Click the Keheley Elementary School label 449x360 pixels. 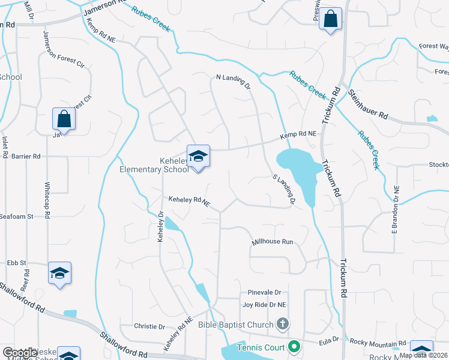click(155, 166)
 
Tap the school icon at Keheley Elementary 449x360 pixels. click(198, 157)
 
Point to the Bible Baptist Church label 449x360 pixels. click(237, 325)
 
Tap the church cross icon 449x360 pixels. click(283, 325)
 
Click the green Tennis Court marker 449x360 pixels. click(294, 346)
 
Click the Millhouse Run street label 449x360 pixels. click(272, 241)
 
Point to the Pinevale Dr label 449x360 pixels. click(264, 292)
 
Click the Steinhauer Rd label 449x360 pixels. click(368, 104)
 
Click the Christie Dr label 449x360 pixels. click(153, 327)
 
